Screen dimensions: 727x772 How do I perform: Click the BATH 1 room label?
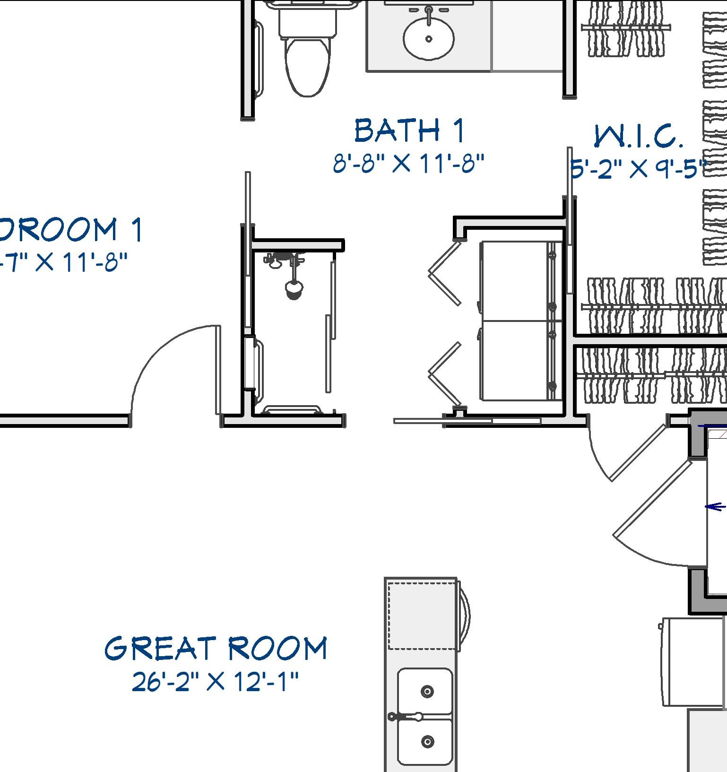409,131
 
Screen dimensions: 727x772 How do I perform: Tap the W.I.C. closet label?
638,137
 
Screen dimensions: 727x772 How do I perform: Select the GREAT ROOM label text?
216,648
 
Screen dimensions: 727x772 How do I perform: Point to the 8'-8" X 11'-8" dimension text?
409,164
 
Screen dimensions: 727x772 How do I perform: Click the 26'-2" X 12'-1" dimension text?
216,682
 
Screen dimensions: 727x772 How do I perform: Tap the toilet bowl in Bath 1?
307,66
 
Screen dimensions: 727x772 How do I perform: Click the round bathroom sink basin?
429,39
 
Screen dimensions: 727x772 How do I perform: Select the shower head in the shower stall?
294,289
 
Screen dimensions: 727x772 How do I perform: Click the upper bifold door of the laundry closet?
444,273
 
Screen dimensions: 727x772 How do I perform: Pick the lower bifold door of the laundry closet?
444,373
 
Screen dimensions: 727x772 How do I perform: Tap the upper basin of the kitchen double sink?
425,691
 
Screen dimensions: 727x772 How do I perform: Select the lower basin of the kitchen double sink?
425,741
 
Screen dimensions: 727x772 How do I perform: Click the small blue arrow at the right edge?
716,507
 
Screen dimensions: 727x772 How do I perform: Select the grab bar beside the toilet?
260,59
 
